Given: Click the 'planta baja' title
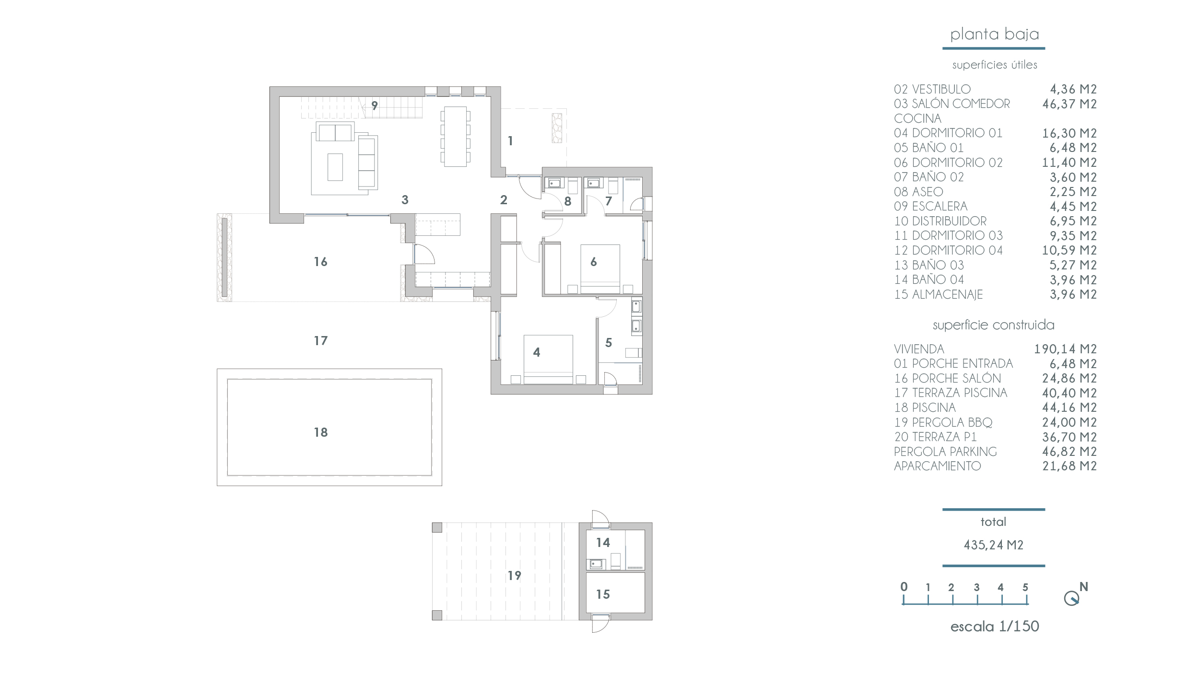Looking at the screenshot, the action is tap(994, 35).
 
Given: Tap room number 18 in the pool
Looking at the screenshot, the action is tap(321, 432).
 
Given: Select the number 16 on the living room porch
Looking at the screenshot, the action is tap(321, 262).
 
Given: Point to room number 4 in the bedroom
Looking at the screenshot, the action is tap(537, 352).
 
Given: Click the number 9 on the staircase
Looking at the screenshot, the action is tap(375, 105).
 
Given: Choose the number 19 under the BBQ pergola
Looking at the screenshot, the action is tap(515, 575).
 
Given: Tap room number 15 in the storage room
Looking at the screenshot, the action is tap(603, 594).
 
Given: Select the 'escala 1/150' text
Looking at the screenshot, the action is tap(995, 627).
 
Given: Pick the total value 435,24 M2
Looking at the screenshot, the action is tap(994, 545).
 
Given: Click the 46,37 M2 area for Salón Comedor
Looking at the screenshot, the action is tap(1070, 104).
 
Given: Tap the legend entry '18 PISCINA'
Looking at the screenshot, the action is tap(925, 407).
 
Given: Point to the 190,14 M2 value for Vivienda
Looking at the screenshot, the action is tap(1066, 349).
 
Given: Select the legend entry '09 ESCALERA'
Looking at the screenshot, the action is tap(930, 206).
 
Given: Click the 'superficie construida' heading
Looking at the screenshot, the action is tap(994, 325).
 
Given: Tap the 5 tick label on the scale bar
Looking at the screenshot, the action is tap(1025, 587).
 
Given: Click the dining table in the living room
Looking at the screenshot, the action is tap(455, 137).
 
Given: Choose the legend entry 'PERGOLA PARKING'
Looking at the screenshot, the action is tap(945, 452).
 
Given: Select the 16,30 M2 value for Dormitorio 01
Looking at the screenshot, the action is tap(1070, 133).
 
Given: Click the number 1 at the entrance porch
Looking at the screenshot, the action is tap(510, 141).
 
